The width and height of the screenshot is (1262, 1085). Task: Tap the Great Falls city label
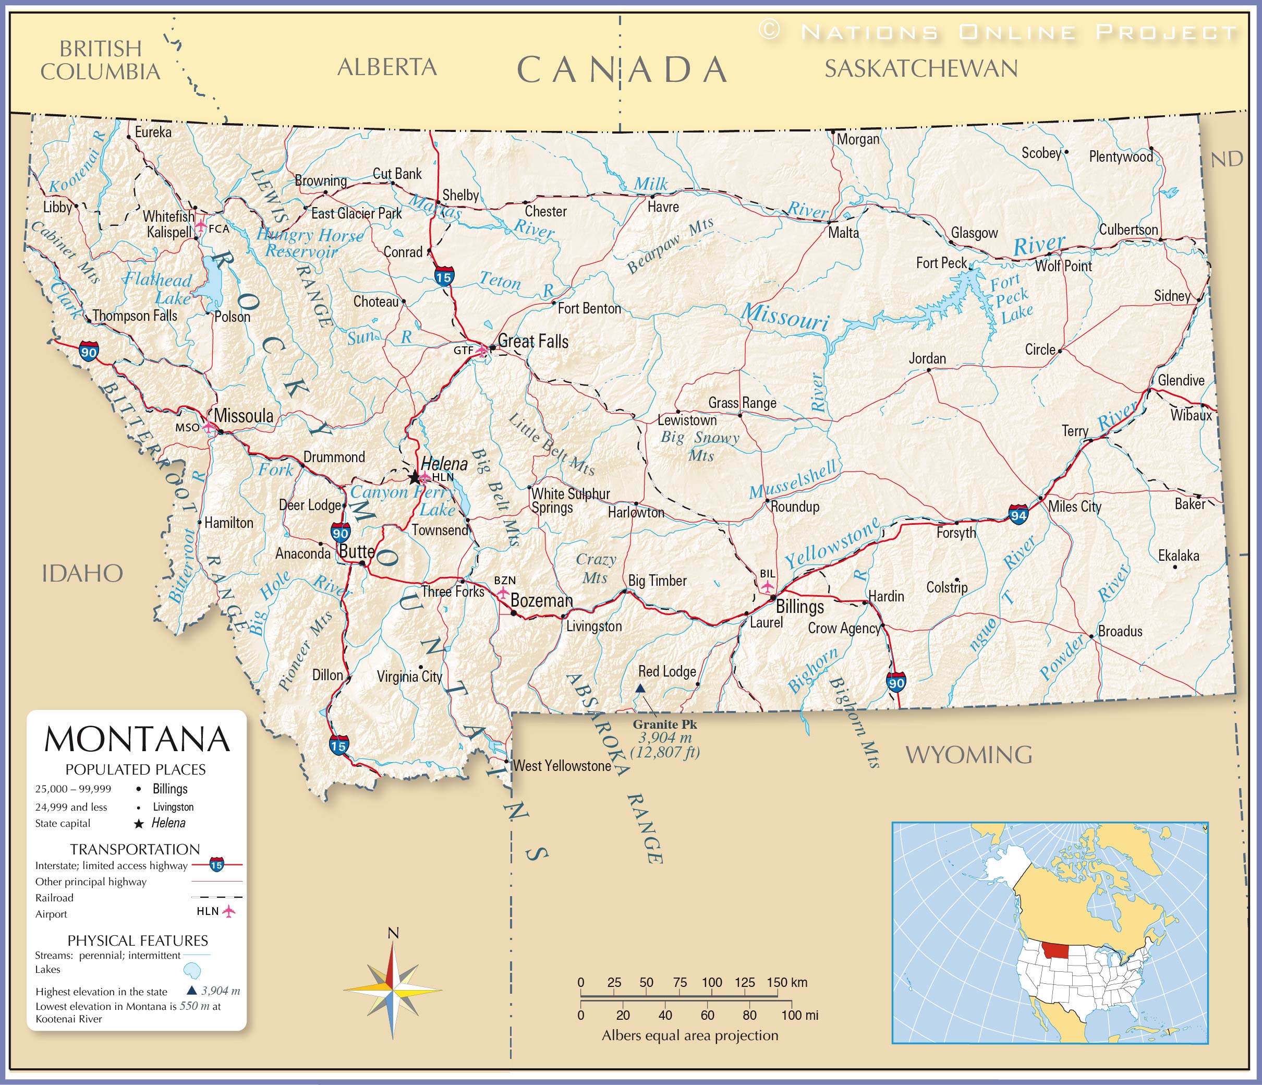click(533, 341)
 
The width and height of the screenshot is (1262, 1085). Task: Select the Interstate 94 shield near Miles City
click(1018, 514)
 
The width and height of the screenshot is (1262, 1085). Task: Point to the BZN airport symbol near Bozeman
click(503, 592)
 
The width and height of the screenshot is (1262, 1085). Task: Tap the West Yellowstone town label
click(562, 766)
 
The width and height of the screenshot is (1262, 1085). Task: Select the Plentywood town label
click(1121, 156)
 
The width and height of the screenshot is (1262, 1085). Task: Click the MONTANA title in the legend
click(137, 739)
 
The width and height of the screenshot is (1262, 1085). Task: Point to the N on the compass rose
click(393, 933)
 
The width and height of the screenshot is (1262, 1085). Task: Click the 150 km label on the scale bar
click(787, 982)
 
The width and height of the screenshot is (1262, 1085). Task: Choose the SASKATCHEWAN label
click(921, 68)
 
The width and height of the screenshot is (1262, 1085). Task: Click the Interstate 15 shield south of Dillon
click(338, 744)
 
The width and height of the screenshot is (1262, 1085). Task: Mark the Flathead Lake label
click(159, 289)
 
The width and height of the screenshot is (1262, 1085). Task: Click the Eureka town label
click(153, 132)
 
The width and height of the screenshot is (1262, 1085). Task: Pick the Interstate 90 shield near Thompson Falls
click(89, 352)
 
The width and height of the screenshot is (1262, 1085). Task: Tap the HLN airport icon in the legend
click(229, 911)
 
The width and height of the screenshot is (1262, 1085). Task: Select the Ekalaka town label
click(1178, 556)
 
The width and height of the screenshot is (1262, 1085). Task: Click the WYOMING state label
click(968, 755)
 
